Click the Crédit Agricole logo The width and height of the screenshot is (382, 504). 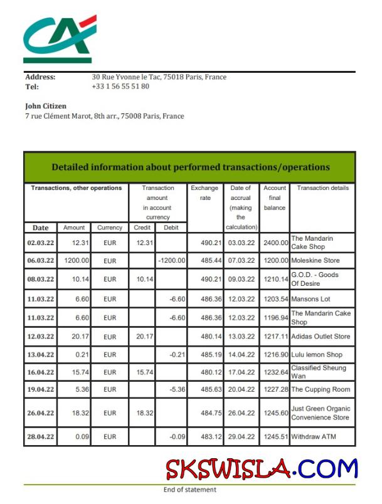(60, 38)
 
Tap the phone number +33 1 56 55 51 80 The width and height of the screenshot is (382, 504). (120, 87)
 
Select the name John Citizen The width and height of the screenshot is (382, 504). (46, 107)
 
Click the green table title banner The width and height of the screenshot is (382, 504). (190, 167)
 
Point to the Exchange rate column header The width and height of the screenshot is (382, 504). (204, 192)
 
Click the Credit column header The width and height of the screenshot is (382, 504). (142, 228)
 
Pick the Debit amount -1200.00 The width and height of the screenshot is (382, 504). (171, 260)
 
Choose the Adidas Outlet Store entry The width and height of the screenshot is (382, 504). (321, 337)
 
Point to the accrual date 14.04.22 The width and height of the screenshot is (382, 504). (241, 355)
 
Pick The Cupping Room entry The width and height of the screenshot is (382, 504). (320, 390)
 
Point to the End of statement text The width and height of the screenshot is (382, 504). (189, 490)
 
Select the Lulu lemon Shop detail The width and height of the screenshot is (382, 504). (316, 355)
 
